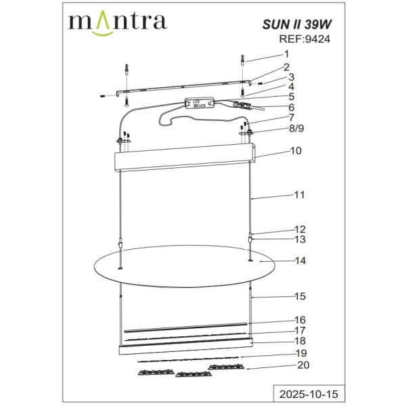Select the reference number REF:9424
[304, 40]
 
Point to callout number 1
[286, 54]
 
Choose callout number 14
[300, 261]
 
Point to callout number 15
[300, 296]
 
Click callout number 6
[292, 107]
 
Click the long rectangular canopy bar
[186, 162]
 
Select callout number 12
[300, 229]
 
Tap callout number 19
[300, 353]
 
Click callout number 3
[292, 77]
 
